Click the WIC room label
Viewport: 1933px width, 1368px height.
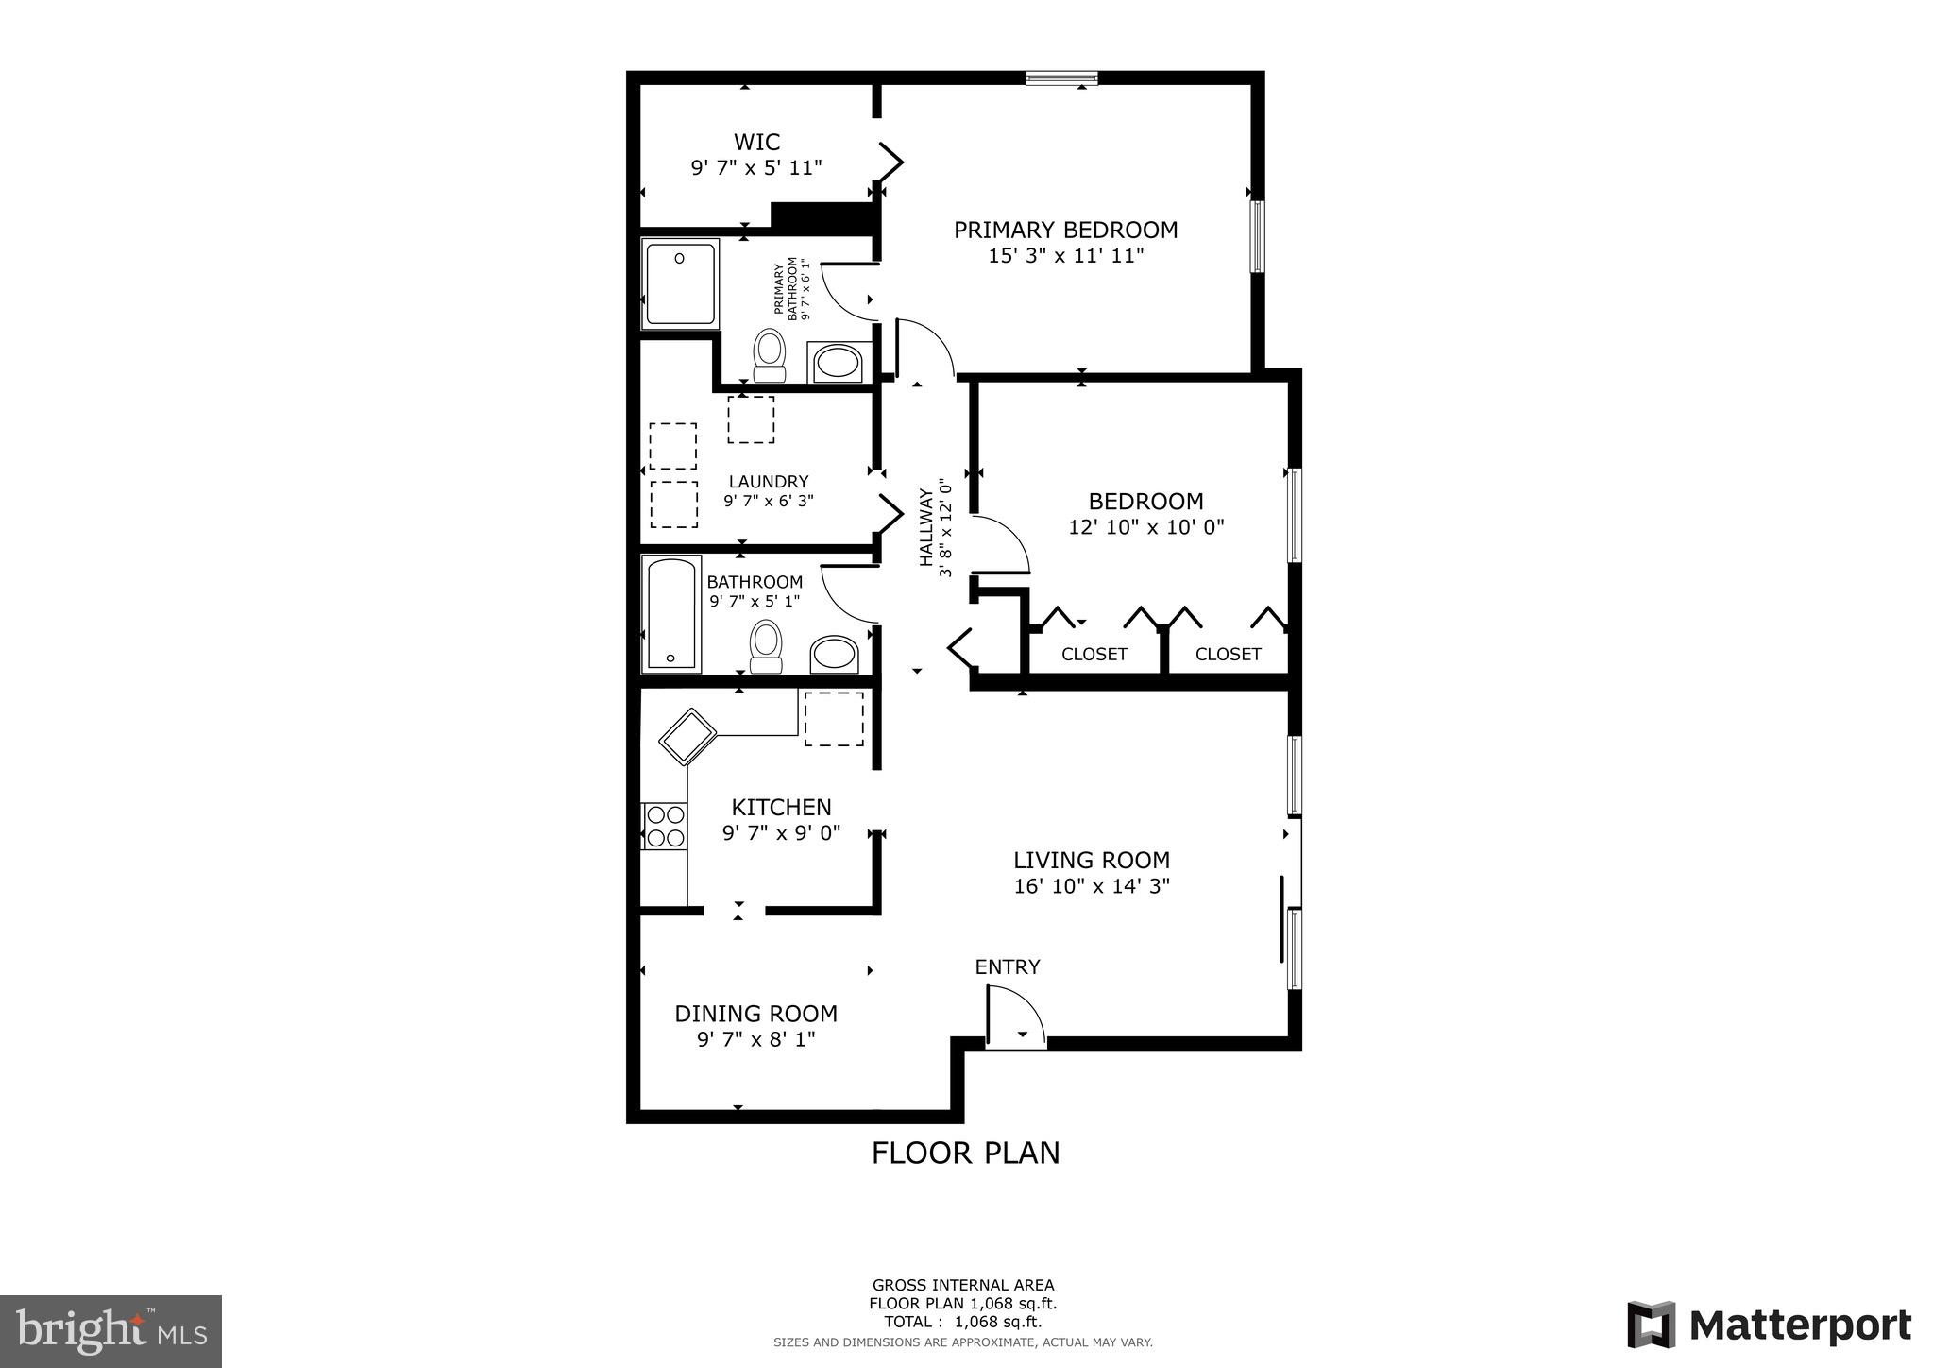pos(756,143)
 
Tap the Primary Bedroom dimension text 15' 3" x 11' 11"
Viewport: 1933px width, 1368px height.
pos(1065,255)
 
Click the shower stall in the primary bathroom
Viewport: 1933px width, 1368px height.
pos(680,283)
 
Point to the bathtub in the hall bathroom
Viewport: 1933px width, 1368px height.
pos(671,614)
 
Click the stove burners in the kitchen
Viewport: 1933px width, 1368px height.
pos(664,826)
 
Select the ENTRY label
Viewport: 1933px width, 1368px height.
pos(1007,967)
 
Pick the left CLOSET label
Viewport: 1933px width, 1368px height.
pos(1094,654)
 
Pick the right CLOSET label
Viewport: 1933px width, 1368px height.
pos(1228,654)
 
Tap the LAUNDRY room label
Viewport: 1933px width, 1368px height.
pos(768,482)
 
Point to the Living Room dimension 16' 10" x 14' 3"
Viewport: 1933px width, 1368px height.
pos(1092,886)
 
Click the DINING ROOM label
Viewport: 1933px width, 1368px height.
pos(755,1014)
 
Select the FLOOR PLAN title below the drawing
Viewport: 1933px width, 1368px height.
pos(965,1154)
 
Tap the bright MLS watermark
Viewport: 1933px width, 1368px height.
pos(110,1331)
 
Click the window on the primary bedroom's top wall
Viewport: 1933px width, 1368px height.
pos(1061,78)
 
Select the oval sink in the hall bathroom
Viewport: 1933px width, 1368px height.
pos(835,653)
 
